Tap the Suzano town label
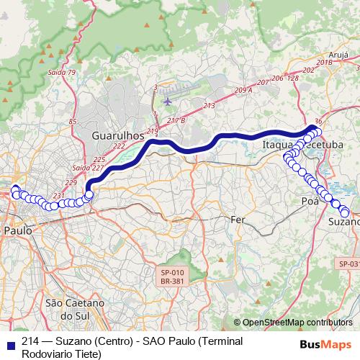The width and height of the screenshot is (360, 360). point(343,222)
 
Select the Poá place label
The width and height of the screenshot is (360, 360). point(310,201)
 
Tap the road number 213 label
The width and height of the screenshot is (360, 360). point(209,106)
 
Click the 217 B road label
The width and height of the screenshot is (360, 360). point(176,120)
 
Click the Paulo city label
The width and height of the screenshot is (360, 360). point(17,230)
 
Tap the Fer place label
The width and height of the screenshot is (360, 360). point(238,218)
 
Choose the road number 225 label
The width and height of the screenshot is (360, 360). point(99,159)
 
